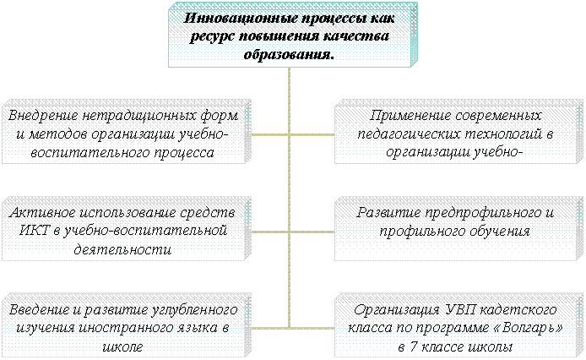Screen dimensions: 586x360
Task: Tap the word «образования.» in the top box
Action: (x=289, y=55)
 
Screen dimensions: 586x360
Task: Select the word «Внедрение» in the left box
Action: (x=43, y=115)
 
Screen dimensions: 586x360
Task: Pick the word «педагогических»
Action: (x=411, y=134)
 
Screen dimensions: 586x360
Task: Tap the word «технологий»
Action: (x=505, y=134)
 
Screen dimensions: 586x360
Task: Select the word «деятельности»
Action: (x=122, y=249)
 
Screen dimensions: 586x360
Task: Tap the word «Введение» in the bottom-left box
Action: (x=40, y=310)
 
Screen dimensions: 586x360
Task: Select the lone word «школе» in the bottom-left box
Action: (x=122, y=347)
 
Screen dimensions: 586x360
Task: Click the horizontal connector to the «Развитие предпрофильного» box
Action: (x=312, y=232)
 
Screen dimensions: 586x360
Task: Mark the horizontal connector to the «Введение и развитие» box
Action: (x=269, y=329)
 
